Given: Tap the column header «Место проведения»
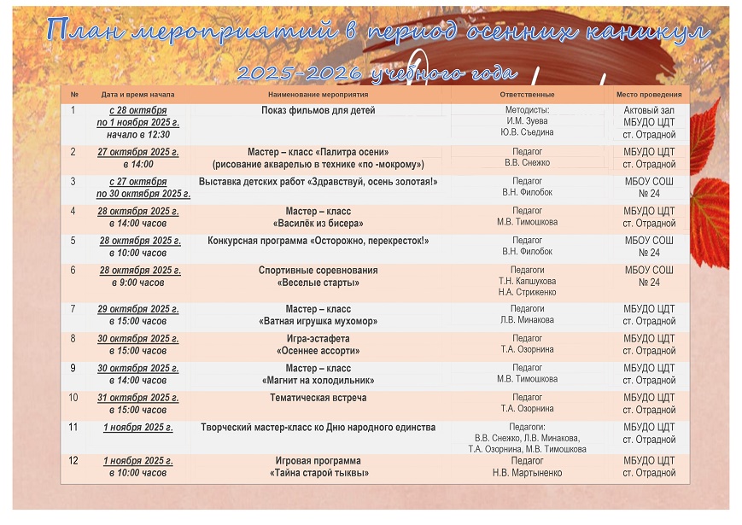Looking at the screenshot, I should click(649, 95).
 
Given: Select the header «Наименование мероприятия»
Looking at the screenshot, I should click(318, 95).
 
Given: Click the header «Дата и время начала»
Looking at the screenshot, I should click(137, 95).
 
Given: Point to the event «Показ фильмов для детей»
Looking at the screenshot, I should click(318, 110).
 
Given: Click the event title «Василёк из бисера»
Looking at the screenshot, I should click(318, 223).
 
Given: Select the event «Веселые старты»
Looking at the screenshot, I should click(318, 283).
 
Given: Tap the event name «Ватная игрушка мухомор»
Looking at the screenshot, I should click(318, 321).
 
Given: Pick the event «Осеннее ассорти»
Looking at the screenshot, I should click(318, 351).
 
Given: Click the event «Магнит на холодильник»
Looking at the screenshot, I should click(318, 381).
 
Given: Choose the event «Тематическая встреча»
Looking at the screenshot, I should click(318, 398).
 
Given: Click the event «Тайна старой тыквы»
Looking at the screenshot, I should click(318, 473).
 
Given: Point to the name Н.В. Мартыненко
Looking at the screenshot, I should click(527, 473).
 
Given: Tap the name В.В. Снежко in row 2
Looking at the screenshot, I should click(527, 162).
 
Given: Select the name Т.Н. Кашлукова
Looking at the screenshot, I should click(527, 280).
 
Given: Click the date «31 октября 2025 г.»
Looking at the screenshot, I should click(137, 398).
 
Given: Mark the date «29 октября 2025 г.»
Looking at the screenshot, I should click(137, 309).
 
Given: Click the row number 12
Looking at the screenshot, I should click(73, 461).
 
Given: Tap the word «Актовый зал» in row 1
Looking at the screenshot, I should click(649, 110).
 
